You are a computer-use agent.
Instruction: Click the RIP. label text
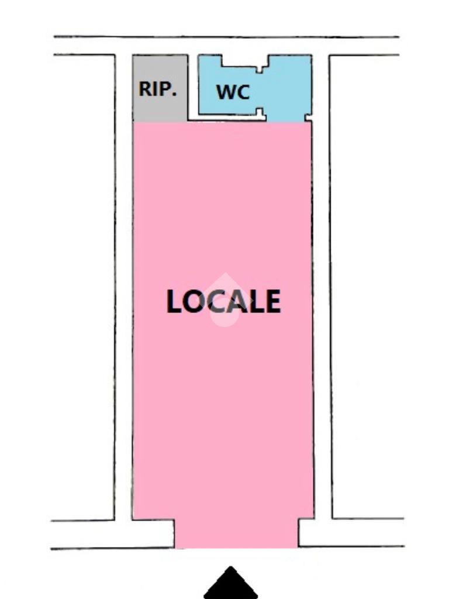(x=157, y=89)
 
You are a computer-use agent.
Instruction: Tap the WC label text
(x=233, y=92)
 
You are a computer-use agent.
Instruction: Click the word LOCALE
(x=223, y=302)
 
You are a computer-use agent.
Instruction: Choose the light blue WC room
(x=286, y=88)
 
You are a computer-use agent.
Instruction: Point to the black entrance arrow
(x=231, y=584)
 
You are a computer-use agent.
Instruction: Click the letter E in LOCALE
(x=271, y=302)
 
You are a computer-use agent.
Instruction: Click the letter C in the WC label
(x=243, y=92)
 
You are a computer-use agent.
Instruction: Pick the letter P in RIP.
(x=166, y=89)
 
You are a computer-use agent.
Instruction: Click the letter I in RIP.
(x=156, y=89)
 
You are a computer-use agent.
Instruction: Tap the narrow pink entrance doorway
(x=236, y=533)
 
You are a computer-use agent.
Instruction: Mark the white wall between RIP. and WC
(x=193, y=88)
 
